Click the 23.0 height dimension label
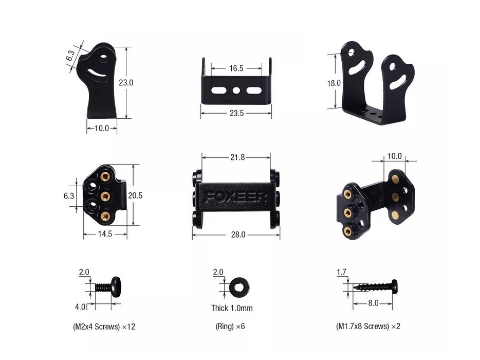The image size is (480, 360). tap(126, 82)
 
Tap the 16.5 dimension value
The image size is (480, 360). tap(236, 68)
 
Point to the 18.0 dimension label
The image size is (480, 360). tap(334, 83)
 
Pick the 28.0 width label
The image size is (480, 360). tap(238, 235)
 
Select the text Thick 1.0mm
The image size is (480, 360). tap(232, 308)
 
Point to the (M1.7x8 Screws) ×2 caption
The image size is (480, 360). tap(368, 326)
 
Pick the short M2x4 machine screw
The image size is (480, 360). tap(108, 286)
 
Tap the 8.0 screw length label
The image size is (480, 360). tap(373, 303)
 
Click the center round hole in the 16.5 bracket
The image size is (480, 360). tap(236, 90)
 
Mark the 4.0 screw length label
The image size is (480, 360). tap(81, 307)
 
